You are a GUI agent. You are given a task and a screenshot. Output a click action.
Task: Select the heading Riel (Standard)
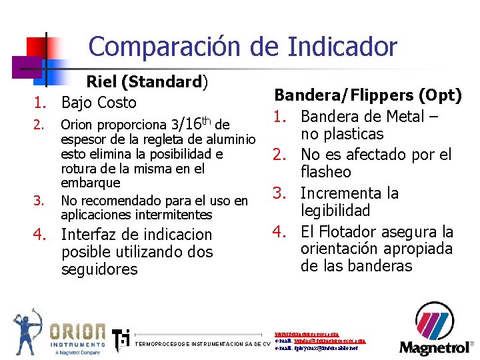[x=147, y=82]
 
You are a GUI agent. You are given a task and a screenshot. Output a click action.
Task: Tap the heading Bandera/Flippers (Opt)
[x=368, y=95]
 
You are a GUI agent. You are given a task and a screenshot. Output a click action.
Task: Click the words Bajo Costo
[x=99, y=103]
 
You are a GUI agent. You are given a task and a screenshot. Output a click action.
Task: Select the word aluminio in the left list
[x=231, y=139]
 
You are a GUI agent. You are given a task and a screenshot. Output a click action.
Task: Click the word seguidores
[x=99, y=269]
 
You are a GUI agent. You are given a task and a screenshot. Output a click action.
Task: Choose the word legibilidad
[x=336, y=211]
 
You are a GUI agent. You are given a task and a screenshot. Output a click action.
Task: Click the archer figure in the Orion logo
[x=28, y=331]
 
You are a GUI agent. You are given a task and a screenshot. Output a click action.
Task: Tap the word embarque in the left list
[x=91, y=183]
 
